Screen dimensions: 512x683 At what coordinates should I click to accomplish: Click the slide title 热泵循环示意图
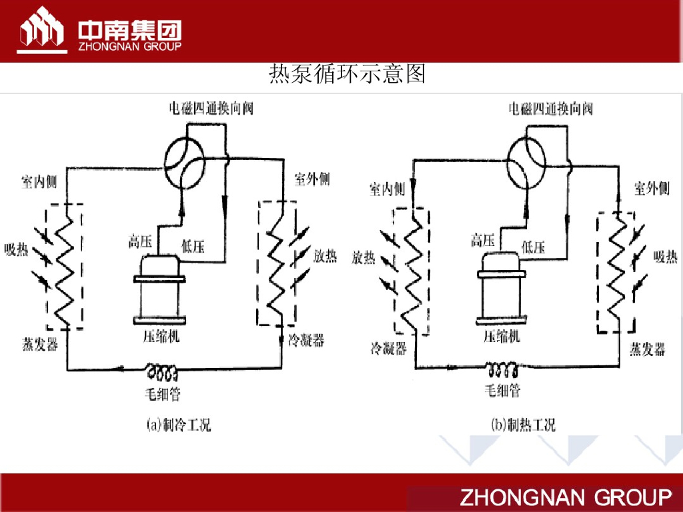pyautogui.click(x=347, y=73)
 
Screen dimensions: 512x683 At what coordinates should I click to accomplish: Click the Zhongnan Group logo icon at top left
pyautogui.click(x=41, y=29)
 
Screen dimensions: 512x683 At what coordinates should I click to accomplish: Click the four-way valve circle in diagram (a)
pyautogui.click(x=185, y=157)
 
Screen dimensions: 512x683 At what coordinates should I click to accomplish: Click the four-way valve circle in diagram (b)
pyautogui.click(x=527, y=159)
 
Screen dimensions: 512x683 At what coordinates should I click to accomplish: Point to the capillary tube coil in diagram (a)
pyautogui.click(x=162, y=369)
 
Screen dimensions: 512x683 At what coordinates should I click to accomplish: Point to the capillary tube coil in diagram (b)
pyautogui.click(x=502, y=369)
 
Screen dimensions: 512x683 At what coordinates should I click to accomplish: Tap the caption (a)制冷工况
pyautogui.click(x=178, y=424)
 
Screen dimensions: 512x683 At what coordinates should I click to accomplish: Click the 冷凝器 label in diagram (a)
pyautogui.click(x=306, y=340)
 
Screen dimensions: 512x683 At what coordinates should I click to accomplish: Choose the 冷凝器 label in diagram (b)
pyautogui.click(x=388, y=347)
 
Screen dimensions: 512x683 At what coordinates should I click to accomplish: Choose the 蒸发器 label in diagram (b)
pyautogui.click(x=648, y=349)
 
